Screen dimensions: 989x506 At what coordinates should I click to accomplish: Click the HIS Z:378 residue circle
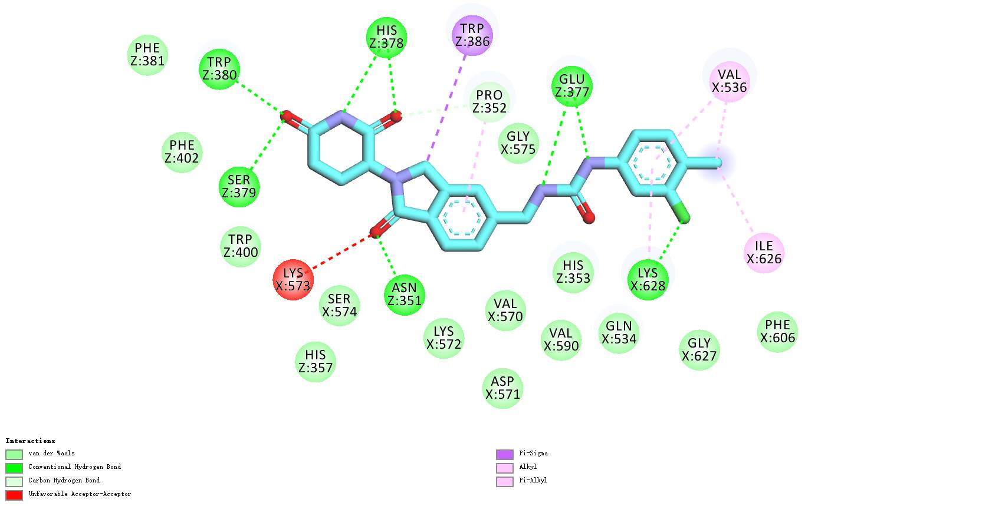[386, 37]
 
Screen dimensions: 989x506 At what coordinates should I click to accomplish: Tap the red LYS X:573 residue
[293, 280]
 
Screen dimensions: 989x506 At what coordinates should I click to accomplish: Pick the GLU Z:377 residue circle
[571, 86]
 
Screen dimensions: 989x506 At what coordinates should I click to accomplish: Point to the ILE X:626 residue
[764, 253]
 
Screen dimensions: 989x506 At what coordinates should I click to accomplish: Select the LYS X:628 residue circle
[648, 280]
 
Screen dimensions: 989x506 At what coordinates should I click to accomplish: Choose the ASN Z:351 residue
[404, 295]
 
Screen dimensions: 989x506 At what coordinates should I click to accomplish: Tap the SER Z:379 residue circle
[239, 187]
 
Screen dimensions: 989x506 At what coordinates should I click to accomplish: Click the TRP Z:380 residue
[219, 69]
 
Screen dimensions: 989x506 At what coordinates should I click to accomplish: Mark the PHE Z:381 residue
[147, 55]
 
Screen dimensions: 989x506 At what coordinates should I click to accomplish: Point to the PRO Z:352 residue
[489, 102]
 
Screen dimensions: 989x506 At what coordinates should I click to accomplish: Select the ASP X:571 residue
[502, 388]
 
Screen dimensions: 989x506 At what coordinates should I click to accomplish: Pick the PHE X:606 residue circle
[777, 332]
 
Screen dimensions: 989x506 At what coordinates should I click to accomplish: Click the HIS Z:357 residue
[316, 361]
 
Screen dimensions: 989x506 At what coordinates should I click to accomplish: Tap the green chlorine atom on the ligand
[684, 219]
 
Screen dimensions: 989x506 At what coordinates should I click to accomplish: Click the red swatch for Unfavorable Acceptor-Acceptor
[14, 495]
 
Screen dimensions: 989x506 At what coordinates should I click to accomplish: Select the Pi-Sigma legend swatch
[505, 454]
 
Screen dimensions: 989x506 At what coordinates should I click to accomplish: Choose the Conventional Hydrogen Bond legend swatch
[14, 468]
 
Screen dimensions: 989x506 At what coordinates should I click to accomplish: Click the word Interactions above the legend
[31, 441]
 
